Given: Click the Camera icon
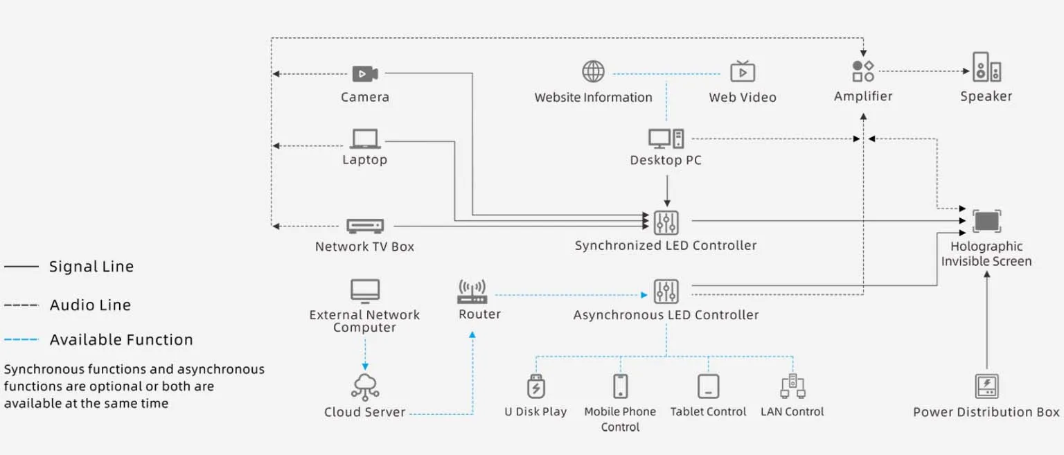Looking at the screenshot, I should [x=364, y=73].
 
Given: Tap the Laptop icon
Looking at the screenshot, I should [x=364, y=139].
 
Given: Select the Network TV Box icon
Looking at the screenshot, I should [x=364, y=226].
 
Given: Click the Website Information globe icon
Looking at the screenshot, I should [x=593, y=71].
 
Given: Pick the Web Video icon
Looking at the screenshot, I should [x=743, y=71].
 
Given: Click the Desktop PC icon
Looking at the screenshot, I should [x=666, y=139].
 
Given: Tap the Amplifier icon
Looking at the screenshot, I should [x=863, y=71].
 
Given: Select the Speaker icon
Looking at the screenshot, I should [x=986, y=68].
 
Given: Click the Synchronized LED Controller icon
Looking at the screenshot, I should [x=666, y=222].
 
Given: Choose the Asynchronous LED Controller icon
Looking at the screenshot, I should [x=666, y=292].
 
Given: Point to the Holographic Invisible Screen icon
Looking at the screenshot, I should [x=986, y=222].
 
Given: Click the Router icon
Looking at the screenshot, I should [x=472, y=292].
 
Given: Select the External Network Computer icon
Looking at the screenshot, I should [x=365, y=291].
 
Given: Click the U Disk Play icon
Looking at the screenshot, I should [x=536, y=386].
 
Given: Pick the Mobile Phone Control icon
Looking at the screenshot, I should [x=620, y=386].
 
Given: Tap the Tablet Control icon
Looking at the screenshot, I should [x=708, y=386].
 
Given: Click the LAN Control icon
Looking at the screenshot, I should [x=792, y=386].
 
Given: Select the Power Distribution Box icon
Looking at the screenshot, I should [x=986, y=386].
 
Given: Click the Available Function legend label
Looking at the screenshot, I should [x=121, y=340].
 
